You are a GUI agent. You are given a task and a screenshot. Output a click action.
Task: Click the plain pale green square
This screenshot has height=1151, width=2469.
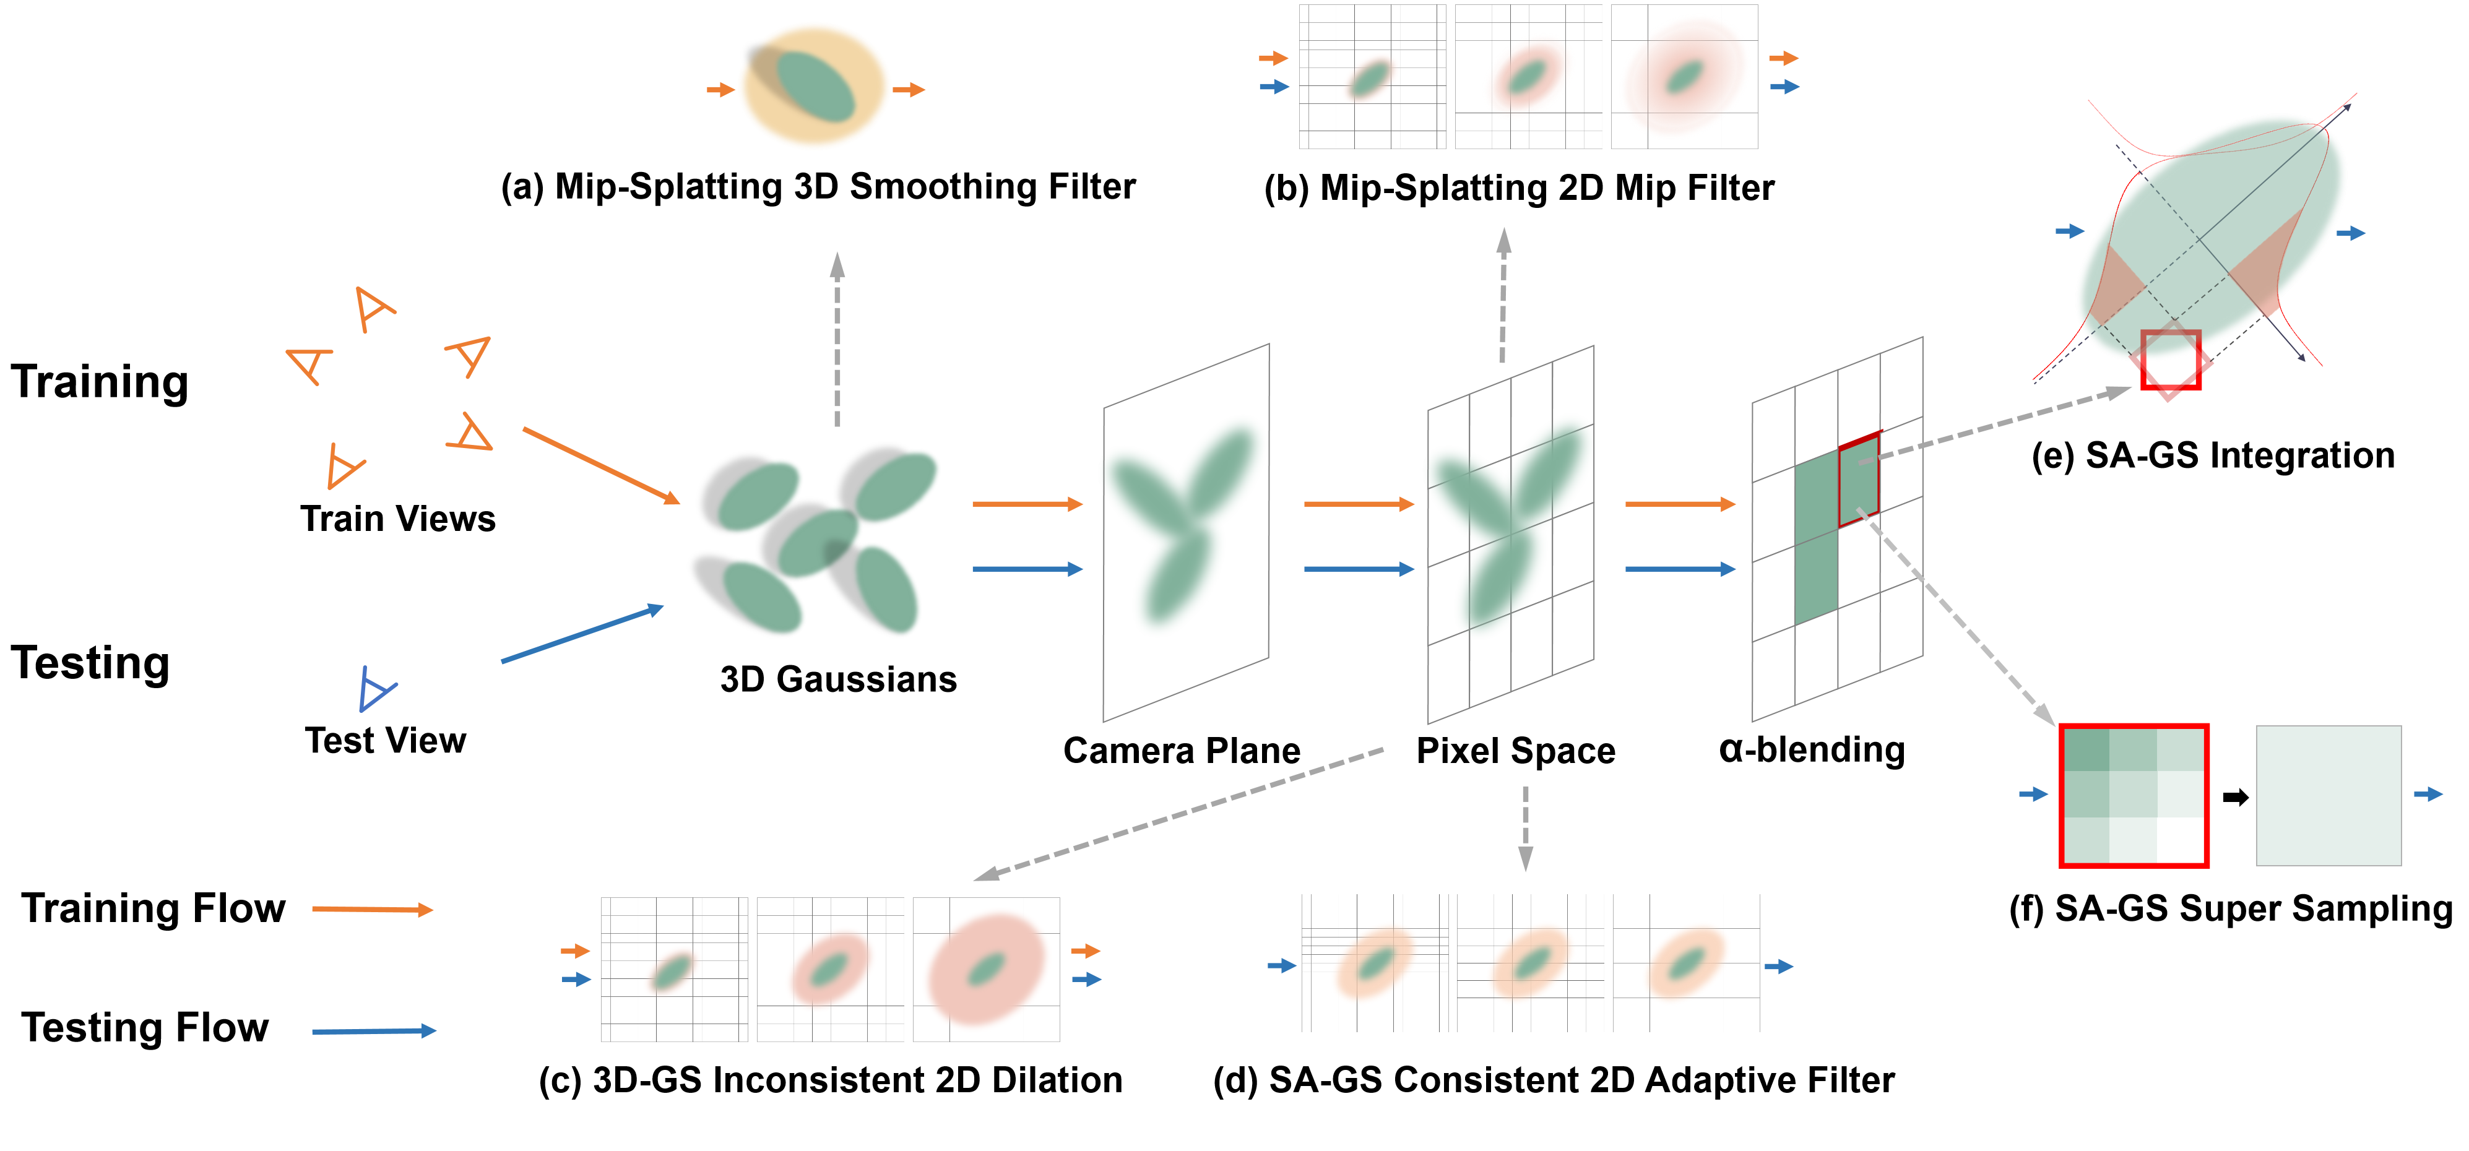[x=2328, y=795]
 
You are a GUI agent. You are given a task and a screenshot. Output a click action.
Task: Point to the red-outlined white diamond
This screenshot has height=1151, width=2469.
[x=2170, y=362]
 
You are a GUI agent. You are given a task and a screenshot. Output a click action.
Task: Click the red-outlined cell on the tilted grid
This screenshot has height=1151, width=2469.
[x=1859, y=479]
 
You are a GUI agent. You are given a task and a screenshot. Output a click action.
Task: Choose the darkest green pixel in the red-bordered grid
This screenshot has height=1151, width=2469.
[x=2086, y=749]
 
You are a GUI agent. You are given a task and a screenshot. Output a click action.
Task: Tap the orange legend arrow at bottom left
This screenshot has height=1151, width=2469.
[x=372, y=908]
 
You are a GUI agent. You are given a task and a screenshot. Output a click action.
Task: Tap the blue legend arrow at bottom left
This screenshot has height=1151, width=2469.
[x=374, y=1031]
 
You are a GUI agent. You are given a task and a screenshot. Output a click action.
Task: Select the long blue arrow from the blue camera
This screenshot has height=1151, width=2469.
[x=582, y=634]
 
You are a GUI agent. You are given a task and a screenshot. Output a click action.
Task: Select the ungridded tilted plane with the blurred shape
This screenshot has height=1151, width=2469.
[x=1186, y=533]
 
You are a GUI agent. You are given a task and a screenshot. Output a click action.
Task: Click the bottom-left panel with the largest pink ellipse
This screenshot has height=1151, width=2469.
[x=986, y=969]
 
